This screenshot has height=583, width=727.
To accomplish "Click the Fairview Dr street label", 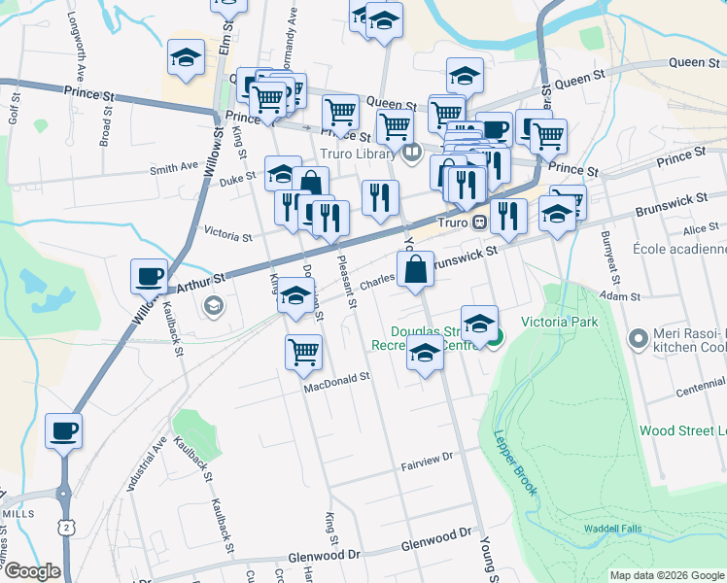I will [x=428, y=456].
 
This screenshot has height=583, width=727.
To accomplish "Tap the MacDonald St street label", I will [x=337, y=383].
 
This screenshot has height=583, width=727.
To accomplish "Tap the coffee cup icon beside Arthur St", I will [x=149, y=277].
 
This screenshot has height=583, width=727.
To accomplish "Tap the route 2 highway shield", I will [x=65, y=526].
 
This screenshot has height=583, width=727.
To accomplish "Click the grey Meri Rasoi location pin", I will [x=639, y=339].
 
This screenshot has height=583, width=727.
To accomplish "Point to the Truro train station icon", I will [x=479, y=223].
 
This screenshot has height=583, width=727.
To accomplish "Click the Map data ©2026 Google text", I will [x=667, y=575].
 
